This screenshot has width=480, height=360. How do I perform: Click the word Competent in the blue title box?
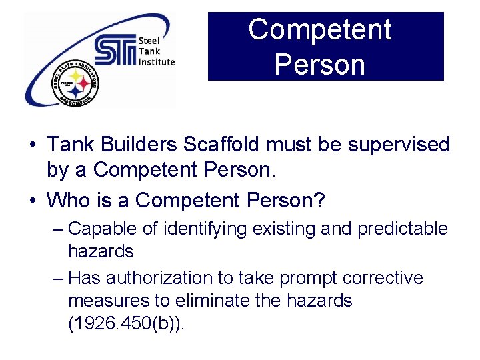pos(319,30)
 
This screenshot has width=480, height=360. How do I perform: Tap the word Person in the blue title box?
pos(319,65)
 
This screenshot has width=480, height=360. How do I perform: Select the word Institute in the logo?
pos(157,62)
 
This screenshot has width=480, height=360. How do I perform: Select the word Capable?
pos(103,229)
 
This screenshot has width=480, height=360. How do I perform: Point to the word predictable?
pos(403,229)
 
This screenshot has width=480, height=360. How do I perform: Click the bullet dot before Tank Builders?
pos(32,145)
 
